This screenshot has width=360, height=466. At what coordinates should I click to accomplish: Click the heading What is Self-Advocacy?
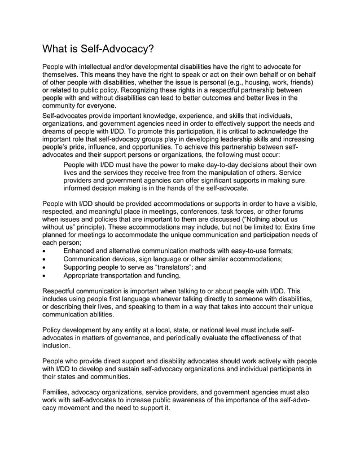(x=99, y=49)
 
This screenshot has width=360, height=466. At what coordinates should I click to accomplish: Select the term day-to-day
(x=208, y=164)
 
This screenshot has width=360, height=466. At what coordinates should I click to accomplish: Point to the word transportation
(x=130, y=276)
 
